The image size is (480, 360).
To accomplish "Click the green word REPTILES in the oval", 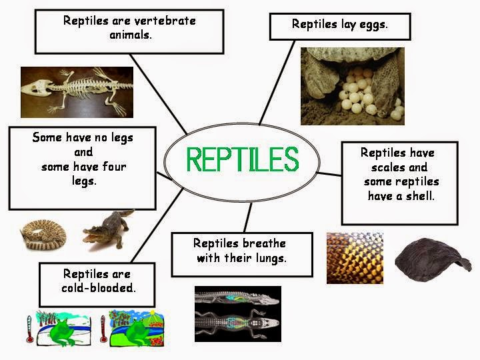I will [x=242, y=159].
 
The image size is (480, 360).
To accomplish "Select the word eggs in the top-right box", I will [x=372, y=24].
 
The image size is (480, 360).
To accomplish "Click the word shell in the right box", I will [x=419, y=195].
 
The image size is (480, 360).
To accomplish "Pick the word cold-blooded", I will [x=98, y=288].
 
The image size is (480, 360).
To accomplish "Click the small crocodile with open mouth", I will [x=107, y=228].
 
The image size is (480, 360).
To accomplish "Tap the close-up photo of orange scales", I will [x=355, y=258].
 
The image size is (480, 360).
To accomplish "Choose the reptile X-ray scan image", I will [x=238, y=314].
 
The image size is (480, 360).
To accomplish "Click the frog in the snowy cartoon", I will [x=64, y=329].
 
